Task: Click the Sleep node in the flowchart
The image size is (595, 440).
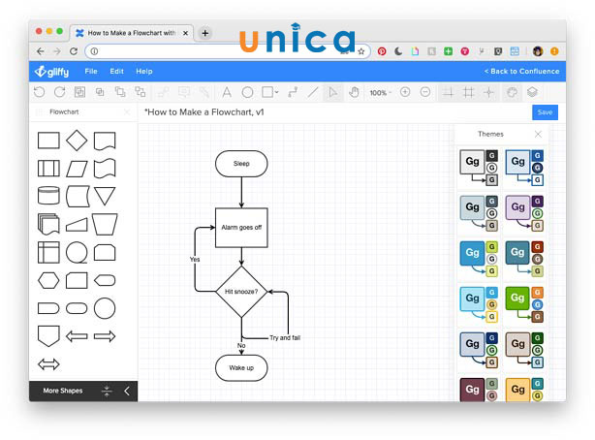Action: pos(241,164)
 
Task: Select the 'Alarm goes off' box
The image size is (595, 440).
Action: pos(241,227)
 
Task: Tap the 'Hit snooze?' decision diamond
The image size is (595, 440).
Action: pos(241,291)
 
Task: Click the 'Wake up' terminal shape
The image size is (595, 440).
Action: pos(241,368)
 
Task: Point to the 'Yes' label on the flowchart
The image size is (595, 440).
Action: pos(195,260)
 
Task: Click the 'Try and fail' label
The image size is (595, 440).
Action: pos(285,337)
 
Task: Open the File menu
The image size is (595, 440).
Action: pos(91,72)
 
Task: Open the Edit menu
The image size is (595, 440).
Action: pos(116,72)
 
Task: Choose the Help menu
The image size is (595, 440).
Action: pos(144,72)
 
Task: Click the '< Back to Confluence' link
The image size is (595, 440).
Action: pos(520,72)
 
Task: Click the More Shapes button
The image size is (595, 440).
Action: pos(63,391)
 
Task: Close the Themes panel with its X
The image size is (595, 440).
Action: pos(539,134)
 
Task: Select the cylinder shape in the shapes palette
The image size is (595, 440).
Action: pos(48,197)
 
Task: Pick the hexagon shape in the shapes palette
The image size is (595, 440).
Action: pos(48,280)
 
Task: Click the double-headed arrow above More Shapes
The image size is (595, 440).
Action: pos(48,364)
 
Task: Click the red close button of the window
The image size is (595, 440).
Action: pos(37,32)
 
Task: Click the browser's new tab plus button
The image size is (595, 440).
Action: pos(204,32)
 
